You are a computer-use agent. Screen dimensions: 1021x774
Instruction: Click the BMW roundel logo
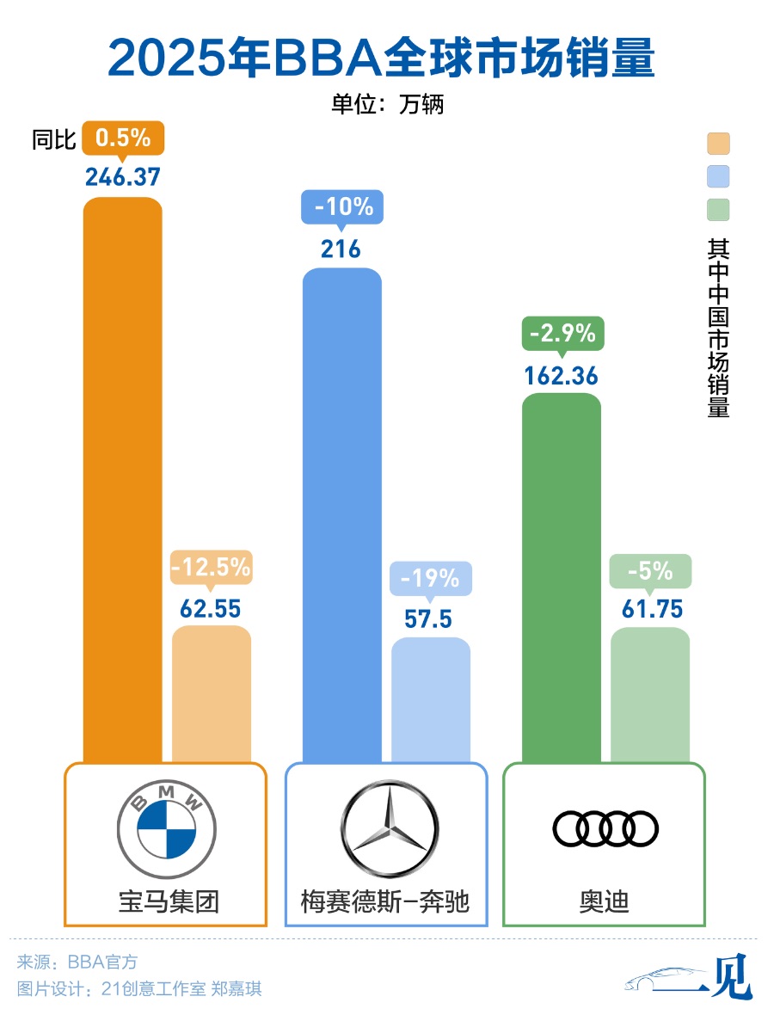tap(163, 822)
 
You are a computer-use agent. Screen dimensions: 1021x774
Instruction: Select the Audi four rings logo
tap(605, 828)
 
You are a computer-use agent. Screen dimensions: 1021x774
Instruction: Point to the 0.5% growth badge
tap(123, 138)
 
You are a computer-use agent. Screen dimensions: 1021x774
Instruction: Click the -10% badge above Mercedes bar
tap(342, 208)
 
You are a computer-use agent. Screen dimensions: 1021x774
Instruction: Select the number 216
tap(341, 249)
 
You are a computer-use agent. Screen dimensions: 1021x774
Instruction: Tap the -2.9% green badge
tap(562, 334)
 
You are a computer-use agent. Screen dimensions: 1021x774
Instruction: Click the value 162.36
tap(562, 376)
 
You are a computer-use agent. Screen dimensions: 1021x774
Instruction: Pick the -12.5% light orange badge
tap(211, 567)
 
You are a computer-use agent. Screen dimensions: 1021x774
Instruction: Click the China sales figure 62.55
tap(211, 608)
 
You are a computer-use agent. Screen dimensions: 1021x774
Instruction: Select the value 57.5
tap(431, 619)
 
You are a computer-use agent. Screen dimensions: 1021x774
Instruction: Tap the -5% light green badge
tap(650, 571)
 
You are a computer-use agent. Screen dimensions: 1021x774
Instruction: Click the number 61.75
tap(651, 610)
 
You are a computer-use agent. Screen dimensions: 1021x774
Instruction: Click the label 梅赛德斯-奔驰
tap(385, 901)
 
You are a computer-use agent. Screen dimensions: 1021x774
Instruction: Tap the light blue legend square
tap(718, 176)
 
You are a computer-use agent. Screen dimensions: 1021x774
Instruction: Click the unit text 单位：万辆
tap(387, 104)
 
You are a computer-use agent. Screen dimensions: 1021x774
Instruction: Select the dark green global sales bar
tap(562, 576)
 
